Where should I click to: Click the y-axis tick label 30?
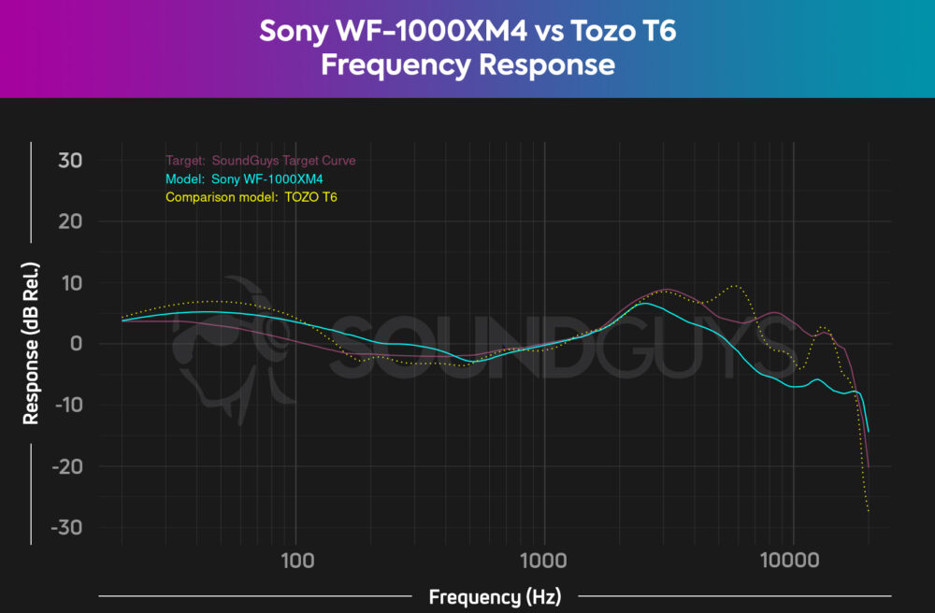[71, 161]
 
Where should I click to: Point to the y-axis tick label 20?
[71, 221]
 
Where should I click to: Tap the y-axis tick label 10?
[72, 283]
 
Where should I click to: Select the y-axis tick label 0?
[77, 344]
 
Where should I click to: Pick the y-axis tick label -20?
[66, 466]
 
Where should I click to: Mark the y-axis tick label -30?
[66, 527]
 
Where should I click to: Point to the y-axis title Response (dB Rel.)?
[31, 343]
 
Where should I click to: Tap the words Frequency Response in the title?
[467, 64]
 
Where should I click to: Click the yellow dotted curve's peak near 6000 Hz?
[737, 285]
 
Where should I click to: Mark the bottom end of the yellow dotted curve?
[869, 512]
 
